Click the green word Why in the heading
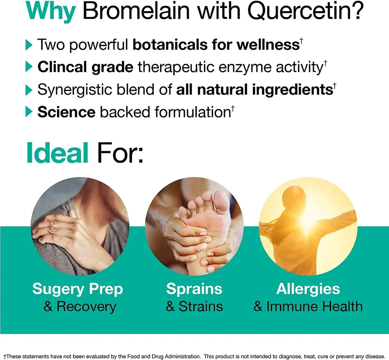point(51,11)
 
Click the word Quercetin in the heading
point(306,11)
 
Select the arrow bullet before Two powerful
point(29,45)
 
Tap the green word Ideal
point(57,153)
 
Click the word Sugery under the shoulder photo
point(58,290)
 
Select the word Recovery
point(86,307)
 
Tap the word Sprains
point(194,289)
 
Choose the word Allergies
point(308,290)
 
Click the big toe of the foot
point(221,198)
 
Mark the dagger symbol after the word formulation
point(233,108)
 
